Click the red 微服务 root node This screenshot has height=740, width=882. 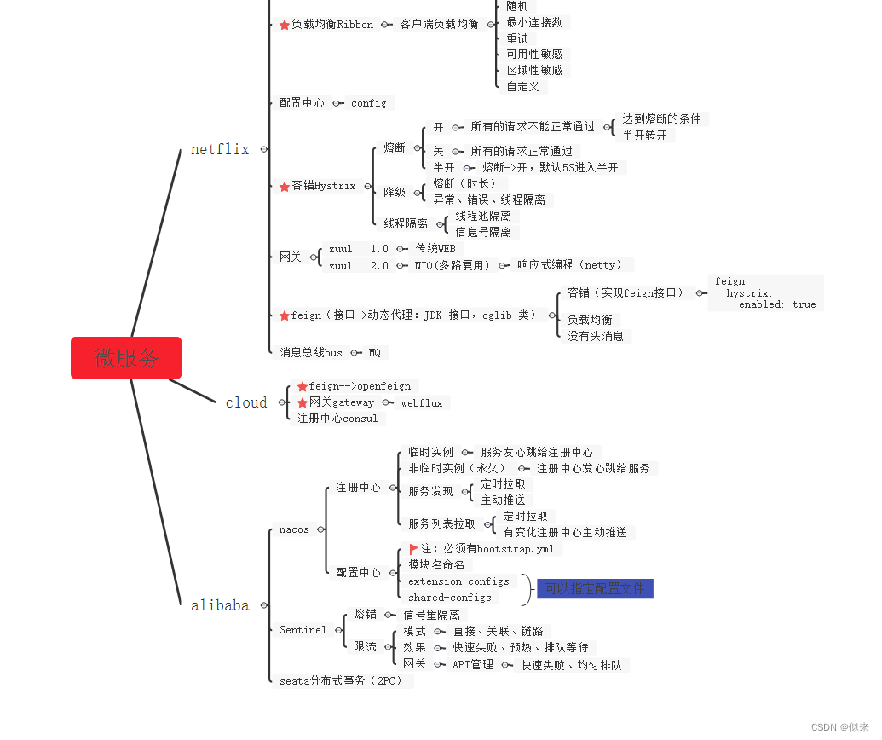pos(126,357)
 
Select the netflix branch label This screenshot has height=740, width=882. pos(220,149)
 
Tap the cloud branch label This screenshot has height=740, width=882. pos(246,402)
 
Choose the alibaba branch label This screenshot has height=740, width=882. pos(220,605)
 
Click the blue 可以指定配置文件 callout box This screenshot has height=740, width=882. pos(595,588)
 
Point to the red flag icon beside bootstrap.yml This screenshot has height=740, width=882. pos(413,549)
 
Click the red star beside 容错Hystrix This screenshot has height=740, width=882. pos(285,187)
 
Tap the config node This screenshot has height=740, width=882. pos(368,103)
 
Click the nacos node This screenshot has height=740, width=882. pos(294,529)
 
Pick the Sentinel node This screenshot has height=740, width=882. pos(303,630)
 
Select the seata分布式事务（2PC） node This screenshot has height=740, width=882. pos(341,680)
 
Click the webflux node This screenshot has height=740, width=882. pos(422,402)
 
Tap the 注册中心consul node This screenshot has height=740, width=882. pos(337,419)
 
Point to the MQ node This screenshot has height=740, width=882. pos(374,352)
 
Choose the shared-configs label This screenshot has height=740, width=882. pos(449,598)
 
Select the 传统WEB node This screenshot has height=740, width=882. pos(435,249)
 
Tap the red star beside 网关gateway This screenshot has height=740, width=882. pos(302,402)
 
